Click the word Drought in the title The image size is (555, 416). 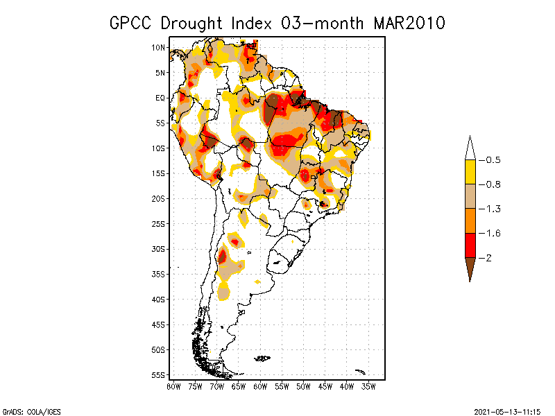tap(189, 23)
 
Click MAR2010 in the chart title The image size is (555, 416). tap(409, 23)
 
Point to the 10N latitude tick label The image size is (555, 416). tap(158, 48)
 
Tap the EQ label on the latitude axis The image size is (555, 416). tap(160, 98)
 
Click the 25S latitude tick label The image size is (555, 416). tap(158, 224)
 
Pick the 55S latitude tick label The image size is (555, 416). tap(158, 375)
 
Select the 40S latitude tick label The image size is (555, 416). tap(158, 300)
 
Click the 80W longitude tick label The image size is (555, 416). tap(173, 386)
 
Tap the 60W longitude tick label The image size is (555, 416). tap(260, 386)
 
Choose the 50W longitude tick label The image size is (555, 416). tap(303, 386)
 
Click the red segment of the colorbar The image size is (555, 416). tap(470, 245)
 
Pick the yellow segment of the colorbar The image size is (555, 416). tap(470, 172)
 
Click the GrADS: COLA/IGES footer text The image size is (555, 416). tap(28, 410)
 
